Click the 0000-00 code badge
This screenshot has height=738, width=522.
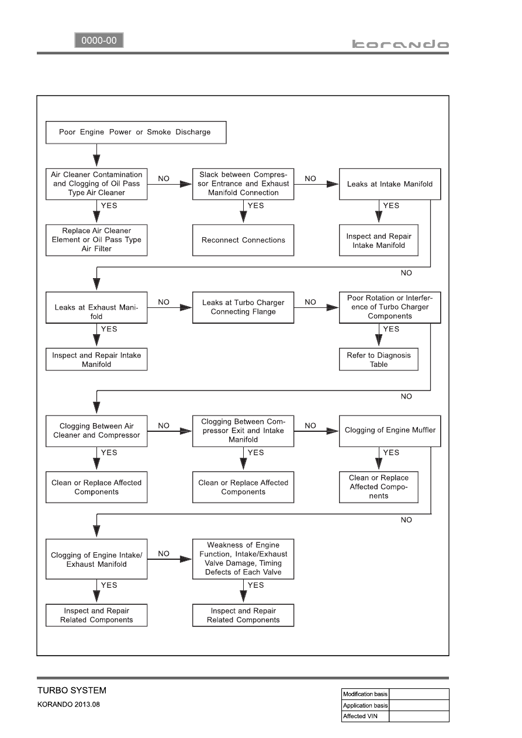pos(99,40)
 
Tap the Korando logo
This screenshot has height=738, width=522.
pos(400,44)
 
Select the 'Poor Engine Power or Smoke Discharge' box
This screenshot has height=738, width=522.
pos(136,133)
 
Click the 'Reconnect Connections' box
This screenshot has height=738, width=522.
pos(243,240)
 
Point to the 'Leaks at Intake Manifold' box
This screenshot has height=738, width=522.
pos(390,184)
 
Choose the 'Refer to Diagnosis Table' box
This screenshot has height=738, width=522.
pos(379,359)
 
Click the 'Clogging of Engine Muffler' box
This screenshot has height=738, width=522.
pos(390,431)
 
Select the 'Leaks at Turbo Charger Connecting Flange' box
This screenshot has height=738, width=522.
pos(243,307)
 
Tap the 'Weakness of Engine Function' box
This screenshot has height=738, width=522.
pos(243,559)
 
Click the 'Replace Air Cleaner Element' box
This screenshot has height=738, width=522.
pos(96,240)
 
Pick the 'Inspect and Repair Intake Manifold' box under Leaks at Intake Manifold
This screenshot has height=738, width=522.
pos(379,240)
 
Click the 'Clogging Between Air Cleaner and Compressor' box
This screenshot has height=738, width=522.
pos(96,431)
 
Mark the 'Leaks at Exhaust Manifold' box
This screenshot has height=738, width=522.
pos(96,307)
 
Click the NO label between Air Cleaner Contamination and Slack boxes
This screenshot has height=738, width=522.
pos(164,179)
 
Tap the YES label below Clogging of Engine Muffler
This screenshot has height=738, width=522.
pos(391,452)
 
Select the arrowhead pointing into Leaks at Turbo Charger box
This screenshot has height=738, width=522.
pos(186,307)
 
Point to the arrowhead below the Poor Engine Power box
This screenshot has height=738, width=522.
pos(96,161)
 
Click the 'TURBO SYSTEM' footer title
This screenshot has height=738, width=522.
pos(72,690)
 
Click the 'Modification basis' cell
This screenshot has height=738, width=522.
pos(365,694)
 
